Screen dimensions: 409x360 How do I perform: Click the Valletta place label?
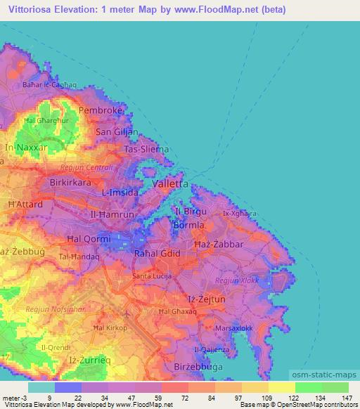pyautogui.click(x=170, y=183)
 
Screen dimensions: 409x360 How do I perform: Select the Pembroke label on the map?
pyautogui.click(x=101, y=111)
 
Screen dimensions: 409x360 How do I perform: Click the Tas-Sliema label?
pyautogui.click(x=146, y=150)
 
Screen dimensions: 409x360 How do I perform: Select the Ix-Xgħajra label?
pyautogui.click(x=240, y=212)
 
